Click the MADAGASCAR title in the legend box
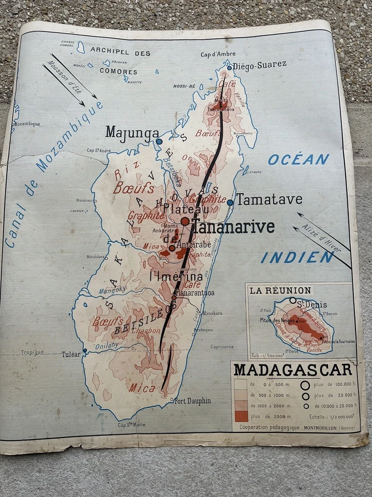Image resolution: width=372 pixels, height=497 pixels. (x=293, y=370)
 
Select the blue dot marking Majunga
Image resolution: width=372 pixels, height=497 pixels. (x=159, y=141)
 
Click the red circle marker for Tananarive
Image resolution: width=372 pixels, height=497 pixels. (x=185, y=221)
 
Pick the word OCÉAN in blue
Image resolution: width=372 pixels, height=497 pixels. (x=299, y=159)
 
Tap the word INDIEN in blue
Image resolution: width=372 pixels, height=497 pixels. (x=297, y=257)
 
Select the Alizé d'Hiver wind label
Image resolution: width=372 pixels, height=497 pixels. (x=324, y=239)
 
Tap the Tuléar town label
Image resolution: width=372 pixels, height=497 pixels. (x=71, y=354)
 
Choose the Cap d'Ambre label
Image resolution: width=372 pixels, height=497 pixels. (x=218, y=54)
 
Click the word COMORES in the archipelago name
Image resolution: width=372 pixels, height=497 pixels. (x=118, y=71)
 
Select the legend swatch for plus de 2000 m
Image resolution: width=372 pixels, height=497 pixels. (x=241, y=416)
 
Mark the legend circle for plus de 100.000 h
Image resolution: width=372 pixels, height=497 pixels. (x=305, y=385)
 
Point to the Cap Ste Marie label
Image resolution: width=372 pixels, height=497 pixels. (x=131, y=425)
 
